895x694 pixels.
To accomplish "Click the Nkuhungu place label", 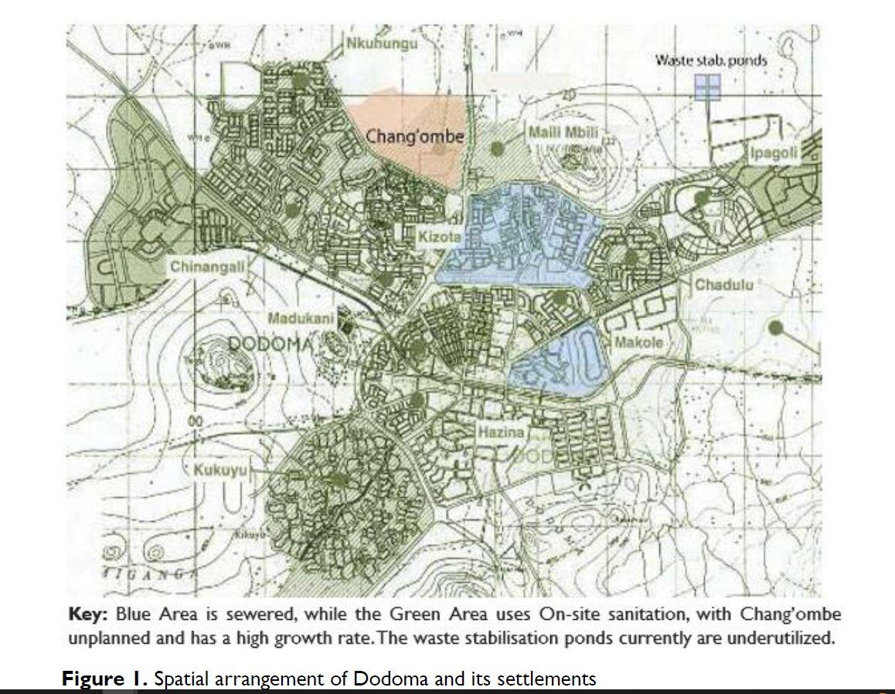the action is (382, 43).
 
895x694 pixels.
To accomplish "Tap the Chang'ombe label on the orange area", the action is (415, 137).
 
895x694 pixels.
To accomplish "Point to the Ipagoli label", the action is (774, 153).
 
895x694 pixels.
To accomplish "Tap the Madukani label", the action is (301, 318).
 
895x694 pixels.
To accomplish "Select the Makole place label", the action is (638, 341).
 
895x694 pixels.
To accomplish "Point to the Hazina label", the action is (501, 432).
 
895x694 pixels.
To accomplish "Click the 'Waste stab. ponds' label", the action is (700, 59).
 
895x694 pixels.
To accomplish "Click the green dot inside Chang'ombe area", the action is (440, 148).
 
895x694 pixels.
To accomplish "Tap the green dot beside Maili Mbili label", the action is (499, 146).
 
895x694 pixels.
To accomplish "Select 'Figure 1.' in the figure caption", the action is (106, 679).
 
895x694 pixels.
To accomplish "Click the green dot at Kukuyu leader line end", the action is (336, 479).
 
